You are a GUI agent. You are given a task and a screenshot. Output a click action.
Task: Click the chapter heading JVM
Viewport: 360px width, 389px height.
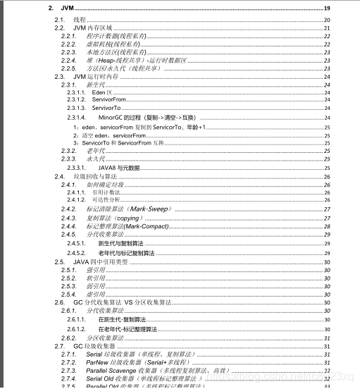click(68, 8)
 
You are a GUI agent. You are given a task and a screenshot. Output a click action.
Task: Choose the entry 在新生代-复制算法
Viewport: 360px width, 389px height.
click(127, 319)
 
